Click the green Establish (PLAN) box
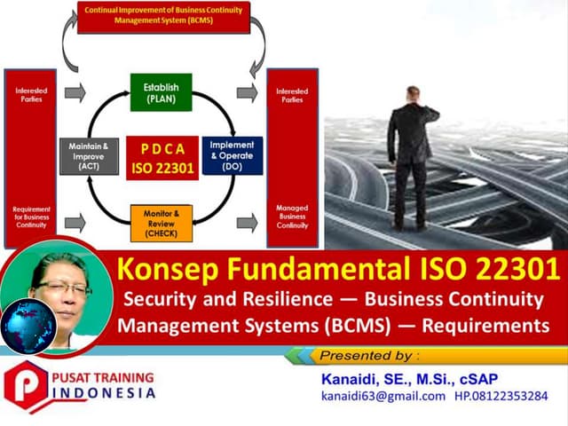[162, 93]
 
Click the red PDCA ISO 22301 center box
[162, 155]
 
